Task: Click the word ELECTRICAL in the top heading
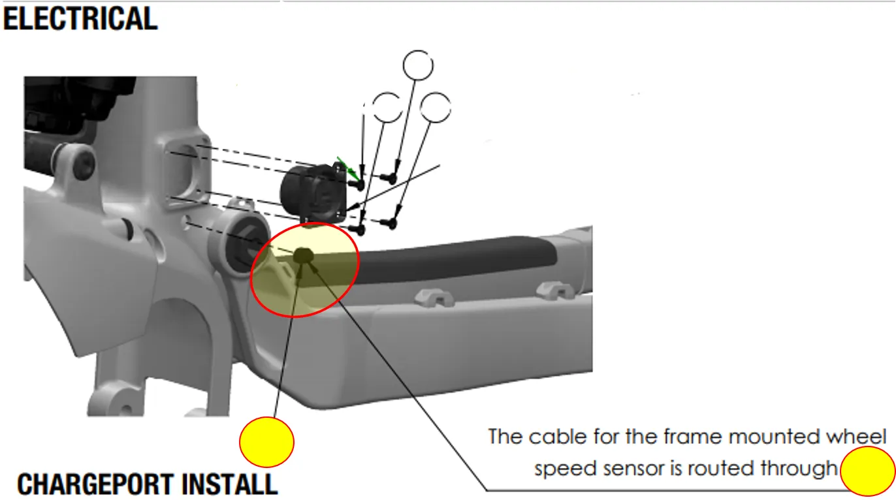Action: click(80, 18)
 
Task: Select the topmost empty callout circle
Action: click(418, 65)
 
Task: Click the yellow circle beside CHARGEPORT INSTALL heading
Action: click(266, 442)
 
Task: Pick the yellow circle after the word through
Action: click(867, 471)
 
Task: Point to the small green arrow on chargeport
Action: click(347, 168)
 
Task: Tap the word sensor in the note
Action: click(617, 469)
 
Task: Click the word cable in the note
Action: click(553, 437)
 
